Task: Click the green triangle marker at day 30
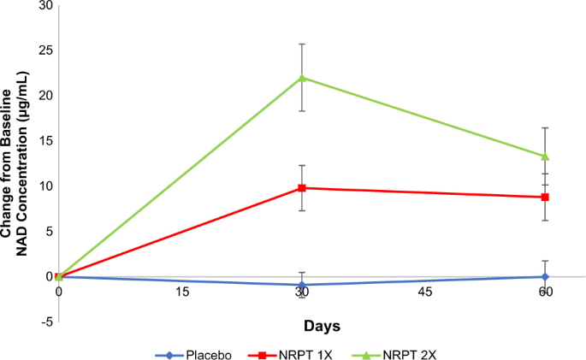[302, 78]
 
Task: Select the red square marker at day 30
[302, 187]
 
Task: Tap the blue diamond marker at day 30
[302, 285]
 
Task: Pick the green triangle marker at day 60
[545, 156]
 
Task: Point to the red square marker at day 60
[545, 197]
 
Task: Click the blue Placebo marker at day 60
[545, 276]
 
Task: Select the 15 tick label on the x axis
[181, 292]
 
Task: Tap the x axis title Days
[322, 326]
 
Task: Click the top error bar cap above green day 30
[302, 44]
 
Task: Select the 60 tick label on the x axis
[545, 292]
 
